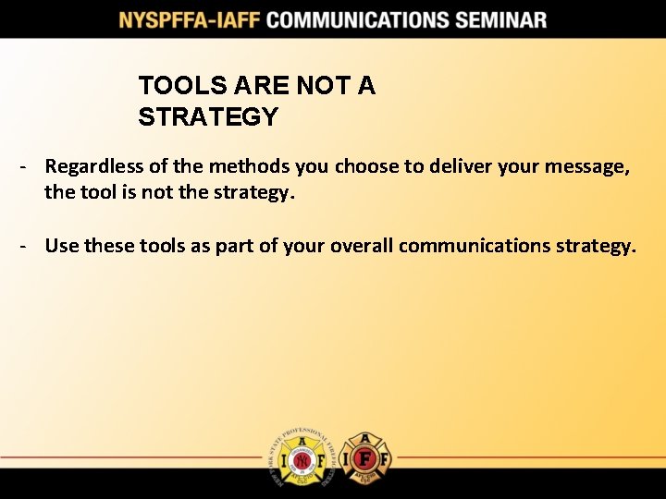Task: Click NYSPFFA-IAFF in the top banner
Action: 188,19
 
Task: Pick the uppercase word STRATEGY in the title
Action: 208,116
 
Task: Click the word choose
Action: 368,166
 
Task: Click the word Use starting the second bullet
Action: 62,245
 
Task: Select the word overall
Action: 356,245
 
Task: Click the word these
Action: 108,245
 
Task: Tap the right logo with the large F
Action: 366,456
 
